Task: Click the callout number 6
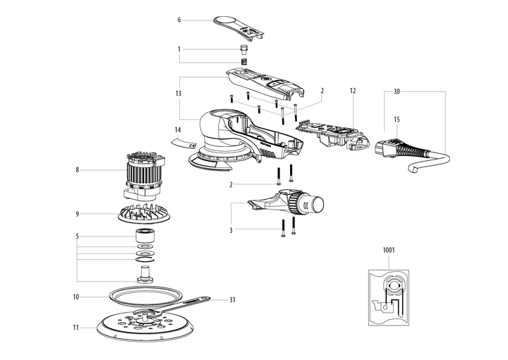point(179,20)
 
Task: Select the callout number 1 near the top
point(179,49)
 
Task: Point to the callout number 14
point(179,130)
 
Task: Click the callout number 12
point(353,91)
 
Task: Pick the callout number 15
point(397,121)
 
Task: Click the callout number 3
point(230,229)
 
